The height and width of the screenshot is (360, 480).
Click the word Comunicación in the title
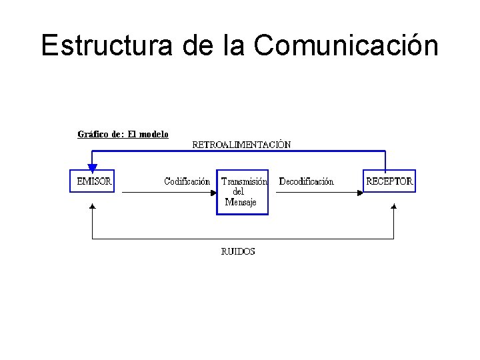(x=346, y=45)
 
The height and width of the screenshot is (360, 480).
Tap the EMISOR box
(x=93, y=181)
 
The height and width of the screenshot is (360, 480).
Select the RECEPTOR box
(x=389, y=181)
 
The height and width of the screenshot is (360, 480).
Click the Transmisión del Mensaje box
(x=243, y=191)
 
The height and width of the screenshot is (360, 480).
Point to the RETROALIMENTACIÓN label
(x=241, y=144)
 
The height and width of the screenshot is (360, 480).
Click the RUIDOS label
(x=237, y=251)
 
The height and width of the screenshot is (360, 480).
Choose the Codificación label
(x=187, y=181)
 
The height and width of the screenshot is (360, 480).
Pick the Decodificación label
(x=306, y=181)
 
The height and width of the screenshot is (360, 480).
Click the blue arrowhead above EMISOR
(x=92, y=167)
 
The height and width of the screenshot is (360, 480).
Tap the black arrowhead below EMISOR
(x=92, y=207)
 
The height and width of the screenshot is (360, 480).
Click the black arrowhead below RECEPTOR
(x=393, y=207)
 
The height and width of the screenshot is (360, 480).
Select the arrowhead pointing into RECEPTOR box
(x=360, y=192)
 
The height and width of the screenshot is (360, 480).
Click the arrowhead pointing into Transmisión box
(x=213, y=192)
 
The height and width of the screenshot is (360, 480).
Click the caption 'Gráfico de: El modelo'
(x=123, y=134)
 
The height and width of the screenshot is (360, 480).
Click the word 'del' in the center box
(x=238, y=192)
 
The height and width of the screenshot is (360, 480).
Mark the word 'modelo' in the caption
(x=153, y=134)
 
